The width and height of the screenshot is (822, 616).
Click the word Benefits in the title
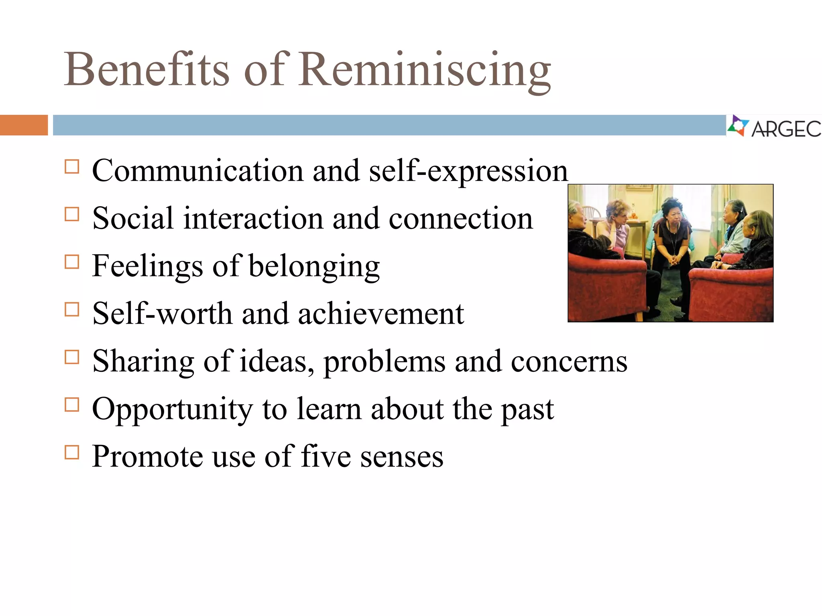(147, 70)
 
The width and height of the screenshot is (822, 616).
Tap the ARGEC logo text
(786, 129)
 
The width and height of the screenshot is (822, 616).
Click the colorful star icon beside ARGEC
(738, 126)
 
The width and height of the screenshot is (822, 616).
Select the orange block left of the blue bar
(24, 125)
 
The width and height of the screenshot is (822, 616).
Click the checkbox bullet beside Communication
(72, 166)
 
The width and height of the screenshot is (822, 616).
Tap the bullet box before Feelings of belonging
(72, 262)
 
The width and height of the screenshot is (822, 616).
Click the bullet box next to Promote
(72, 452)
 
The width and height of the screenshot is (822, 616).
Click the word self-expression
(468, 172)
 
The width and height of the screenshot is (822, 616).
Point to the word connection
(460, 219)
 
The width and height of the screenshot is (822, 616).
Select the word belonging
(314, 267)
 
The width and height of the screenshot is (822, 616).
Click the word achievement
(380, 314)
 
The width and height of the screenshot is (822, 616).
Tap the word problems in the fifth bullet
(384, 362)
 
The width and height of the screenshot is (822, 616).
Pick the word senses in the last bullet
(401, 457)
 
